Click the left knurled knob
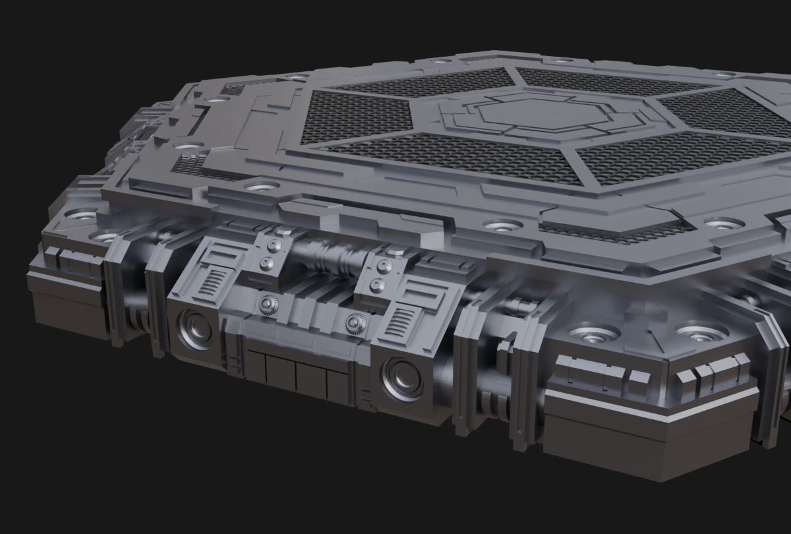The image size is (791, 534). point(270,304)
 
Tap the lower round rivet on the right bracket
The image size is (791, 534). point(378,285)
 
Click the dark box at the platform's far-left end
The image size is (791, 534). point(63,307)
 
